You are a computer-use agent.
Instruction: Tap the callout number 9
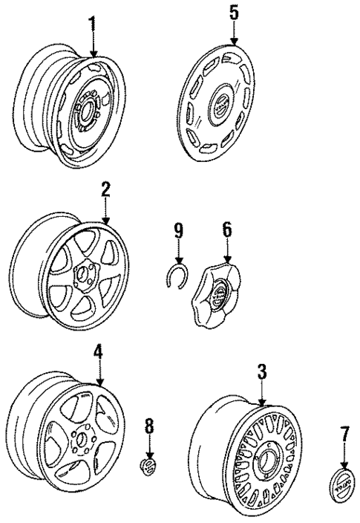coord(179,231)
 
